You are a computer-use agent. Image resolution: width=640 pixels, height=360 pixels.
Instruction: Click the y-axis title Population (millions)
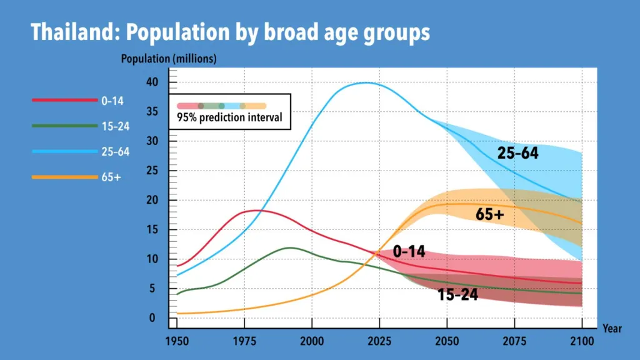[169, 59]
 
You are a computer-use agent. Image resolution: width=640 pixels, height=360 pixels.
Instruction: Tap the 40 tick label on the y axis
[153, 82]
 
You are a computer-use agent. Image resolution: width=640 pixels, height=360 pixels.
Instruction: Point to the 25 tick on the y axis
[153, 171]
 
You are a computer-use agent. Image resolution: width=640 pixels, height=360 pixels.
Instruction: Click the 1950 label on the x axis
[177, 340]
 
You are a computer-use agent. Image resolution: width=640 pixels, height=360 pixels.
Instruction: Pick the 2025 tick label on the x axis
[379, 340]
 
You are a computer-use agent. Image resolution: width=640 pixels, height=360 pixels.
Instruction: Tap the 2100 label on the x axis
[582, 340]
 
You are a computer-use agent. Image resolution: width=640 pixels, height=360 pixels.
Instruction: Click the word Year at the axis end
[612, 328]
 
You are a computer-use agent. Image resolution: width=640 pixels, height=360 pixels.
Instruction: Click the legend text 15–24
[115, 126]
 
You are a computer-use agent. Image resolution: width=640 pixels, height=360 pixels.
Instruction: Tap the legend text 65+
[111, 177]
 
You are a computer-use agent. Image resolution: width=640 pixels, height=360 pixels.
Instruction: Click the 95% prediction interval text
[229, 117]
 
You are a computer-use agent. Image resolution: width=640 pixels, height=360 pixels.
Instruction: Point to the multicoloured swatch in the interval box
[221, 106]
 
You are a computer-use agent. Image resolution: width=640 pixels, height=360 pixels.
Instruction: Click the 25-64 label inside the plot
[517, 152]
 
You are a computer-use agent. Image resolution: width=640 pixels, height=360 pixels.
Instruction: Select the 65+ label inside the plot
[490, 214]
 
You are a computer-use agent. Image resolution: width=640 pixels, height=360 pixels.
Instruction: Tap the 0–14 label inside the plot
[409, 252]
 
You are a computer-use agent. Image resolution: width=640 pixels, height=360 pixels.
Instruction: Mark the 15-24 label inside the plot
[457, 295]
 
